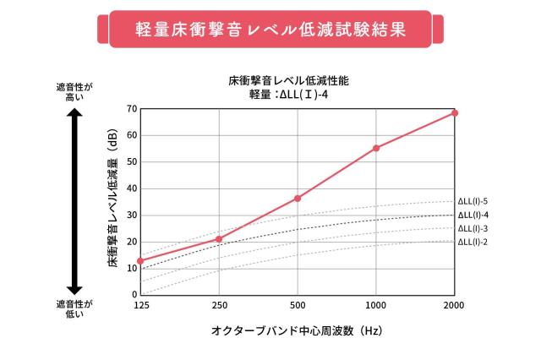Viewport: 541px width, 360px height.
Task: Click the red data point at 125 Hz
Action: point(140,261)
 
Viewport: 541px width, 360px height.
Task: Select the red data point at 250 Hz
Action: point(219,239)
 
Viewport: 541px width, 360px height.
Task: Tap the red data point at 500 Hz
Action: point(298,198)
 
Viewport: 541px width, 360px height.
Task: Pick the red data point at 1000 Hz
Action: point(376,148)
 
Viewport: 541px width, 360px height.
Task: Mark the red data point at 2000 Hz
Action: point(455,112)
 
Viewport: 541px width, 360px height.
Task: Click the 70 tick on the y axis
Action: point(132,109)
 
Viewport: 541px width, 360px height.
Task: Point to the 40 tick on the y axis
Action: point(132,188)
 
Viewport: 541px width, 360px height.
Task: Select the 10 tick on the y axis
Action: point(132,268)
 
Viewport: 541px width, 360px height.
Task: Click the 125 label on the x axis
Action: point(140,304)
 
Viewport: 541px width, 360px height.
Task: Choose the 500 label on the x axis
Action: point(298,304)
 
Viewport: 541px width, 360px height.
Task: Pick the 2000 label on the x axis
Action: point(455,304)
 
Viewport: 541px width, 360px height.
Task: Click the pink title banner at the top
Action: point(270,28)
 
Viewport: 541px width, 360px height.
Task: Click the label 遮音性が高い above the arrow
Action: point(74,92)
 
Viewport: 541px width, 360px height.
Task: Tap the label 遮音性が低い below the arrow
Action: point(74,308)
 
